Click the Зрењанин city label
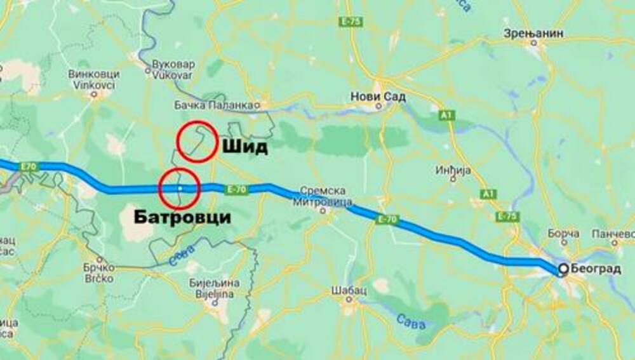pos(534,34)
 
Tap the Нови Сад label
pos(378,97)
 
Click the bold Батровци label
pos(182,218)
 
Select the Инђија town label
pos(452,170)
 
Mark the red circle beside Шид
pos(196,141)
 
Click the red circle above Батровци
pos(180,189)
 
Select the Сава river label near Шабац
pos(411,321)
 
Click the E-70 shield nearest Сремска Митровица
pos(387,220)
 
